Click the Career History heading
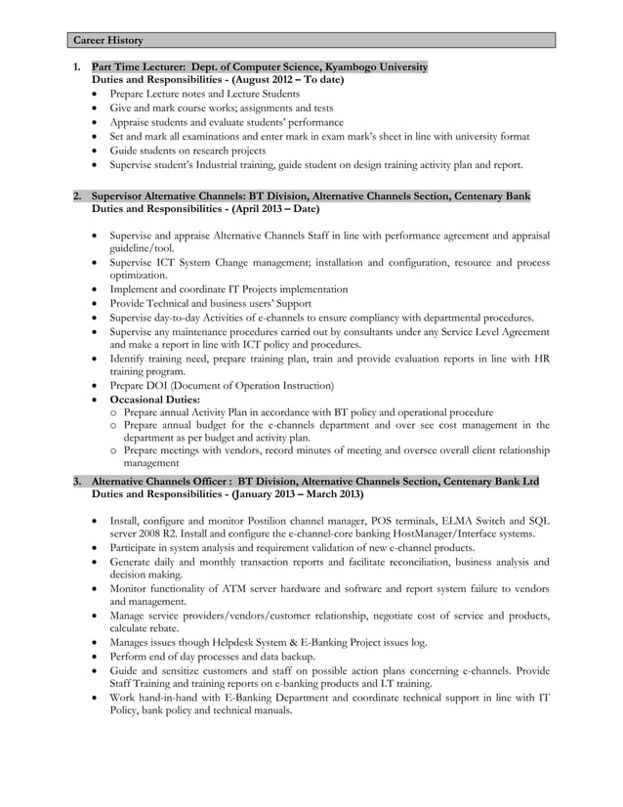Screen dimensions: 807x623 [x=108, y=40]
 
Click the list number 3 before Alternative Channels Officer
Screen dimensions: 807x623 [x=77, y=482]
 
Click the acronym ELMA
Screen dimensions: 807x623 [x=448, y=521]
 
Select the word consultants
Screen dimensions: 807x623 [x=368, y=332]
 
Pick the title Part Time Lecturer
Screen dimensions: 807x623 [x=138, y=66]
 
